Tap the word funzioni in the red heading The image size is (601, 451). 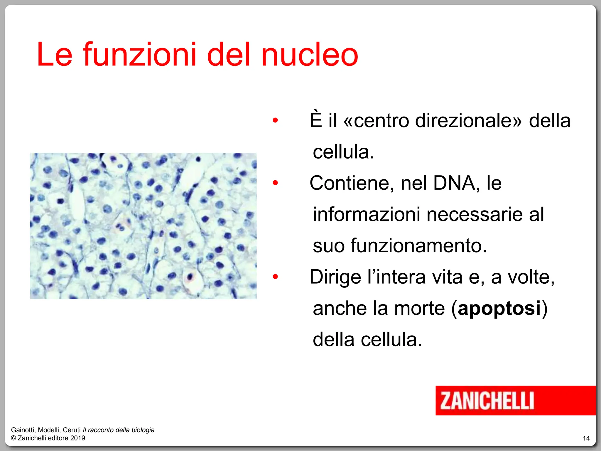(140, 54)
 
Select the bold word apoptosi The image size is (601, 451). (499, 308)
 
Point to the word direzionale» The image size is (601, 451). (468, 121)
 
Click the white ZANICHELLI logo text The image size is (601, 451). (487, 401)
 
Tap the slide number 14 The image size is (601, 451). (586, 438)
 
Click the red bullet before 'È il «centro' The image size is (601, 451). (275, 120)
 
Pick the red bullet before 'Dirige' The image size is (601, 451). (275, 277)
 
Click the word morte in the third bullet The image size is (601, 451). (419, 308)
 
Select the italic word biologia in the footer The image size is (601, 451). (143, 430)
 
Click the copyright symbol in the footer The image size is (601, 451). (13, 438)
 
